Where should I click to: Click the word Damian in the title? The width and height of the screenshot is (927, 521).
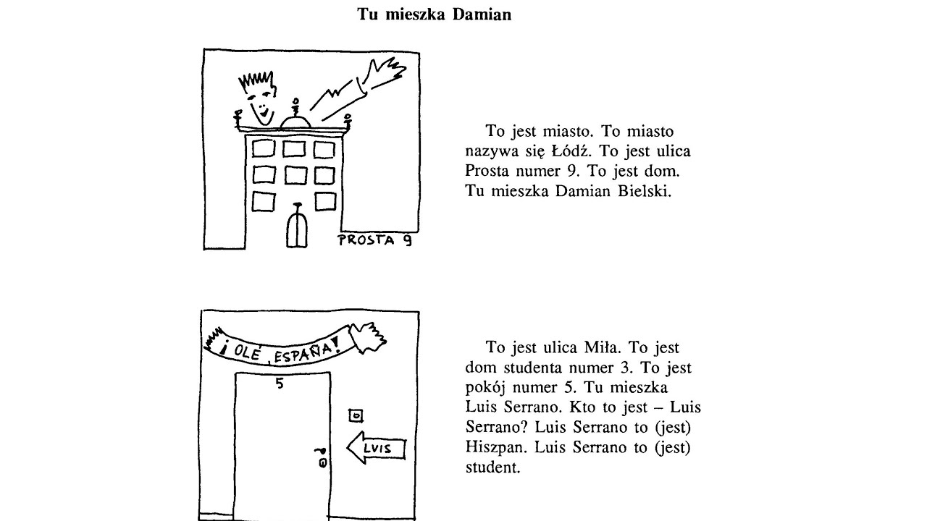[482, 14]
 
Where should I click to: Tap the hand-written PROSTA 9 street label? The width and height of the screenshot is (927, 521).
[375, 240]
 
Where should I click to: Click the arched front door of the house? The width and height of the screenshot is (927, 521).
[297, 229]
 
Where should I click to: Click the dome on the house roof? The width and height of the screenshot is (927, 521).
[295, 123]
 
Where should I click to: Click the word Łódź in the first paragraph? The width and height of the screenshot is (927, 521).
[571, 151]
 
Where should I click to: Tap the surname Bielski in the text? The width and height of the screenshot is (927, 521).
[645, 191]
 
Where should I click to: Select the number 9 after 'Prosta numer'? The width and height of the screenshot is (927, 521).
[572, 171]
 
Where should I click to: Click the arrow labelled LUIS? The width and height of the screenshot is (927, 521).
[376, 448]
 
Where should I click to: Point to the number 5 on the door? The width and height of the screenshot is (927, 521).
[280, 384]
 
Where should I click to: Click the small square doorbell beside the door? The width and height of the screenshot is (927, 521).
[356, 415]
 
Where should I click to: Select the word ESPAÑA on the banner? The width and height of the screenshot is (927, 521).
[306, 352]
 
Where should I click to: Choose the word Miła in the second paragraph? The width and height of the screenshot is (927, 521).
[602, 348]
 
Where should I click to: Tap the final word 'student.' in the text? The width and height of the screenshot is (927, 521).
[492, 467]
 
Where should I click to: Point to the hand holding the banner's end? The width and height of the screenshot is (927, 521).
[367, 337]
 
